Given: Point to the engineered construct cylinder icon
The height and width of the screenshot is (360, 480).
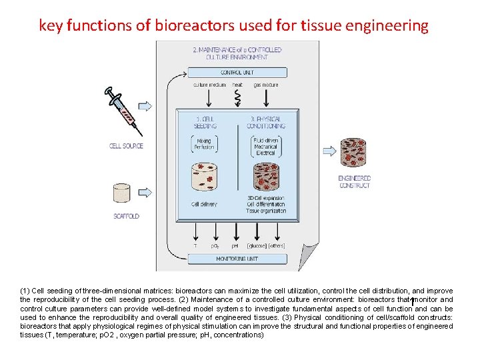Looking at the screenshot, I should click(354, 153).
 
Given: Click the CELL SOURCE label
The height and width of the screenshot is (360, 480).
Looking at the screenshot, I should click(126, 145).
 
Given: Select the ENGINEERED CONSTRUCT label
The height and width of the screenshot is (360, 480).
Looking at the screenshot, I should click(354, 181).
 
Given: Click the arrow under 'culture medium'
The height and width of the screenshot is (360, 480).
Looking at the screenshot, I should click(209, 99).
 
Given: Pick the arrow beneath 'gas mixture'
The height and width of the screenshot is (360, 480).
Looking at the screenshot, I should click(265, 99).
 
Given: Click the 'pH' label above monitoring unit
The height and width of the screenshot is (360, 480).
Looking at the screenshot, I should click(235, 246).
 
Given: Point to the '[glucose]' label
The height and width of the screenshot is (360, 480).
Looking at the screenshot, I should click(257, 246).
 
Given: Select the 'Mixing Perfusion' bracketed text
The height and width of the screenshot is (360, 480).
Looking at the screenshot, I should click(203, 145).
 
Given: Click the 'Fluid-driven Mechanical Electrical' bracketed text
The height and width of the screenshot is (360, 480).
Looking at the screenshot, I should click(266, 147).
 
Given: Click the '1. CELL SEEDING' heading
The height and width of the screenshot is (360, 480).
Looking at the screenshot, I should click(203, 122).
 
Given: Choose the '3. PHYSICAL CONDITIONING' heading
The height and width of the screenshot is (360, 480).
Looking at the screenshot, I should click(266, 122).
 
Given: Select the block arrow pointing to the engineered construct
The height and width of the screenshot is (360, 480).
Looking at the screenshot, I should click(329, 151).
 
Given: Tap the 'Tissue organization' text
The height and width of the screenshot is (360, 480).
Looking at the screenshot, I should click(266, 211).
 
